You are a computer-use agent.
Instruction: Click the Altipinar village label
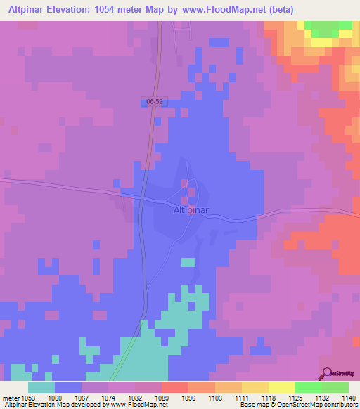189,209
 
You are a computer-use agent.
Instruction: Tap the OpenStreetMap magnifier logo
327,372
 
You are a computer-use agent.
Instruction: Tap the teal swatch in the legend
41,387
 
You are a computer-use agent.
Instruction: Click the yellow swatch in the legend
281,387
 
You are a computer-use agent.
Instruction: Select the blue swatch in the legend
67,387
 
